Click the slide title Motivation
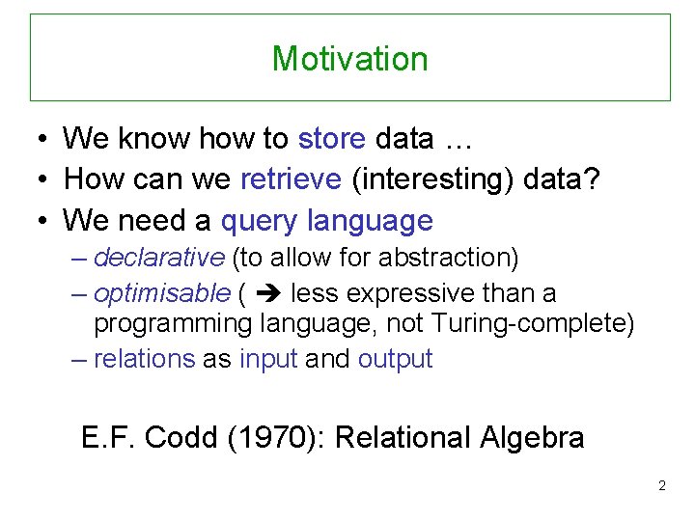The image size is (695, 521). pyautogui.click(x=349, y=59)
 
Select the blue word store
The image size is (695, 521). pyautogui.click(x=332, y=139)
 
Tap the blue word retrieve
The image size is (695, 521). pyautogui.click(x=291, y=179)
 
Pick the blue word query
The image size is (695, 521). pyautogui.click(x=260, y=221)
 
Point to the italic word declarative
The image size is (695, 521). pyautogui.click(x=159, y=259)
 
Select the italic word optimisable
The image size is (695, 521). pyautogui.click(x=163, y=293)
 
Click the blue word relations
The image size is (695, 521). pyautogui.click(x=144, y=359)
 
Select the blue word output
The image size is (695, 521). pyautogui.click(x=395, y=359)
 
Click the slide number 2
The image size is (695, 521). pyautogui.click(x=661, y=485)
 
